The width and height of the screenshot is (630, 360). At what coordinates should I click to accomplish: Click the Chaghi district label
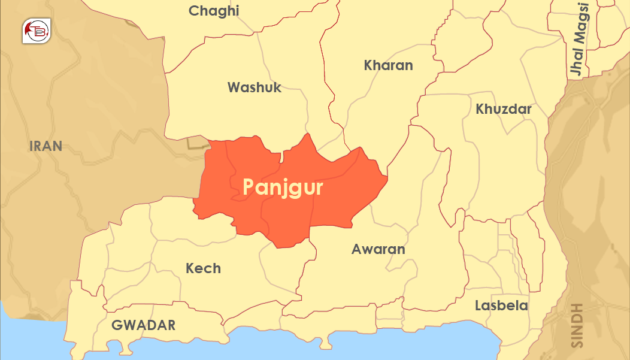[214, 11]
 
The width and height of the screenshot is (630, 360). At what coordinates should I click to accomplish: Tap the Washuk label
[254, 87]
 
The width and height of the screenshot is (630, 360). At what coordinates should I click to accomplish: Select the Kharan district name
[388, 65]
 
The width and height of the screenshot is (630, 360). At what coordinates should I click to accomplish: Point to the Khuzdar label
[504, 109]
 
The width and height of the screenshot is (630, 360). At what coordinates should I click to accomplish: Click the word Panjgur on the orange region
[283, 187]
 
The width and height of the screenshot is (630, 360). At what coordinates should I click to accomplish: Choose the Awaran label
[378, 249]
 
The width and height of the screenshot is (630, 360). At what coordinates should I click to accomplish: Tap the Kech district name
[203, 268]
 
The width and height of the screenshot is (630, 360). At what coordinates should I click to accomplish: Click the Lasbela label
[501, 305]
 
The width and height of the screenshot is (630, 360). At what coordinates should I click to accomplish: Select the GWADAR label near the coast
[144, 325]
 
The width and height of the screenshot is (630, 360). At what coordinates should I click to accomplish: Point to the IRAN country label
[46, 146]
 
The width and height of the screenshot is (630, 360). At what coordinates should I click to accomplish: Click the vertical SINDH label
[577, 325]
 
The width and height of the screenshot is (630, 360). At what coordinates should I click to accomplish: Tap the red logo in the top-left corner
[37, 31]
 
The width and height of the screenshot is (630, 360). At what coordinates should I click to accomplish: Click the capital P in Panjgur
[249, 187]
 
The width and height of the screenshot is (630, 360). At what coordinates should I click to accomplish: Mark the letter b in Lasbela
[504, 305]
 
